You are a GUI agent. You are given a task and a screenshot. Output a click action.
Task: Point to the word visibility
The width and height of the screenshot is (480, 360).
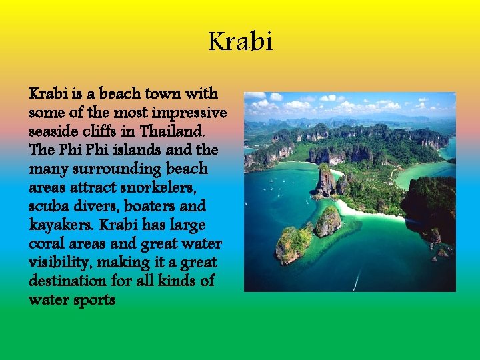click(60, 262)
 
